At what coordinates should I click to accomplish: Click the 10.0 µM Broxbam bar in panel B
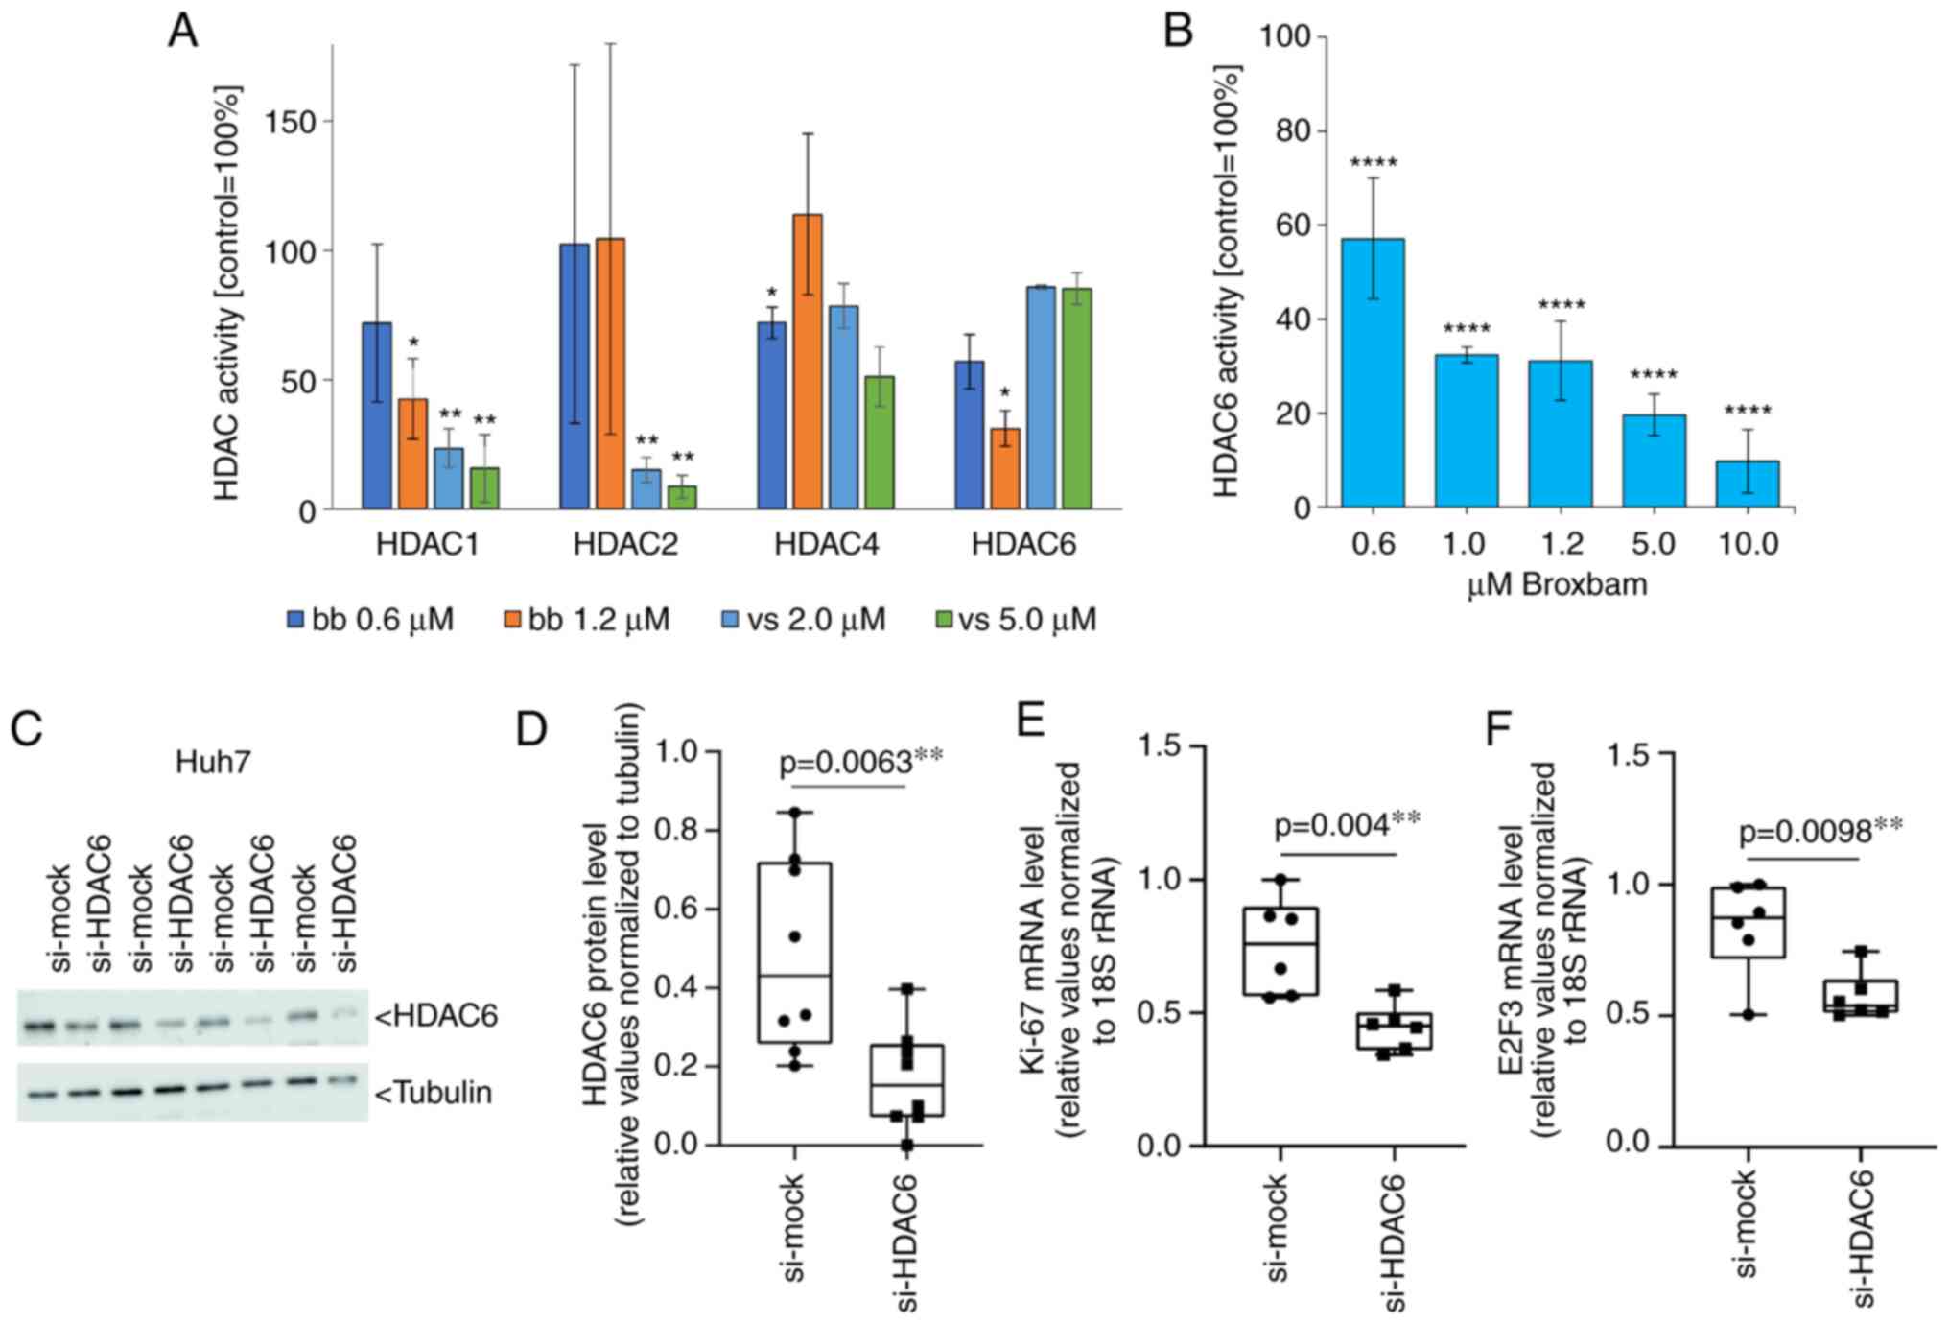(1747, 484)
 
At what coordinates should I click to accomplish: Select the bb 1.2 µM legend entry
(587, 620)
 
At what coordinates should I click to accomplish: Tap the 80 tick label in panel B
(1294, 130)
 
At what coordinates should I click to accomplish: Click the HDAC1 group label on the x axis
(427, 545)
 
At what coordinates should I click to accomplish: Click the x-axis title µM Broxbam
(1557, 584)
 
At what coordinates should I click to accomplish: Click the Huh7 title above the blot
(213, 763)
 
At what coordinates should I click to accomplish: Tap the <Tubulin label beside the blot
(434, 1093)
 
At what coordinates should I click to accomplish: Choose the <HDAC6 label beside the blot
(436, 1016)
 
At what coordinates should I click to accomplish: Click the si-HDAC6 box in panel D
(906, 1080)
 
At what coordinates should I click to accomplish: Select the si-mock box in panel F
(1748, 922)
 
